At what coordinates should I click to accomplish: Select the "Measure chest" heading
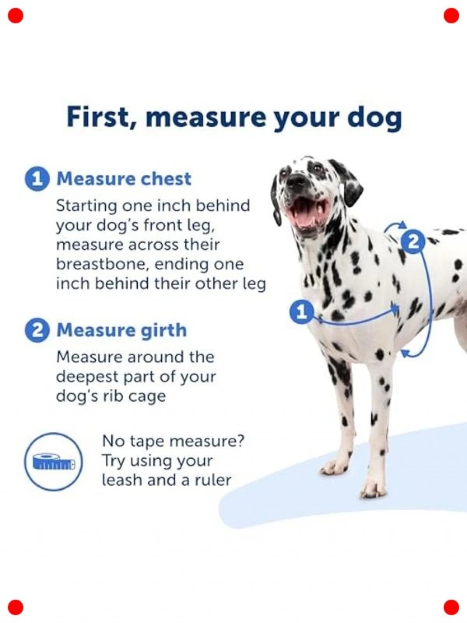point(124,178)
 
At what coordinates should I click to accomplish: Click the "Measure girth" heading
point(122,330)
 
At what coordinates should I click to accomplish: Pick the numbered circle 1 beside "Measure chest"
point(37,179)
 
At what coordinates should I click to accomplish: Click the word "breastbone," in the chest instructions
point(101,265)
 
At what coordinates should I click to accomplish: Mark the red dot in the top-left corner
point(16,16)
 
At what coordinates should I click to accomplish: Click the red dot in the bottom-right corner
point(451,607)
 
